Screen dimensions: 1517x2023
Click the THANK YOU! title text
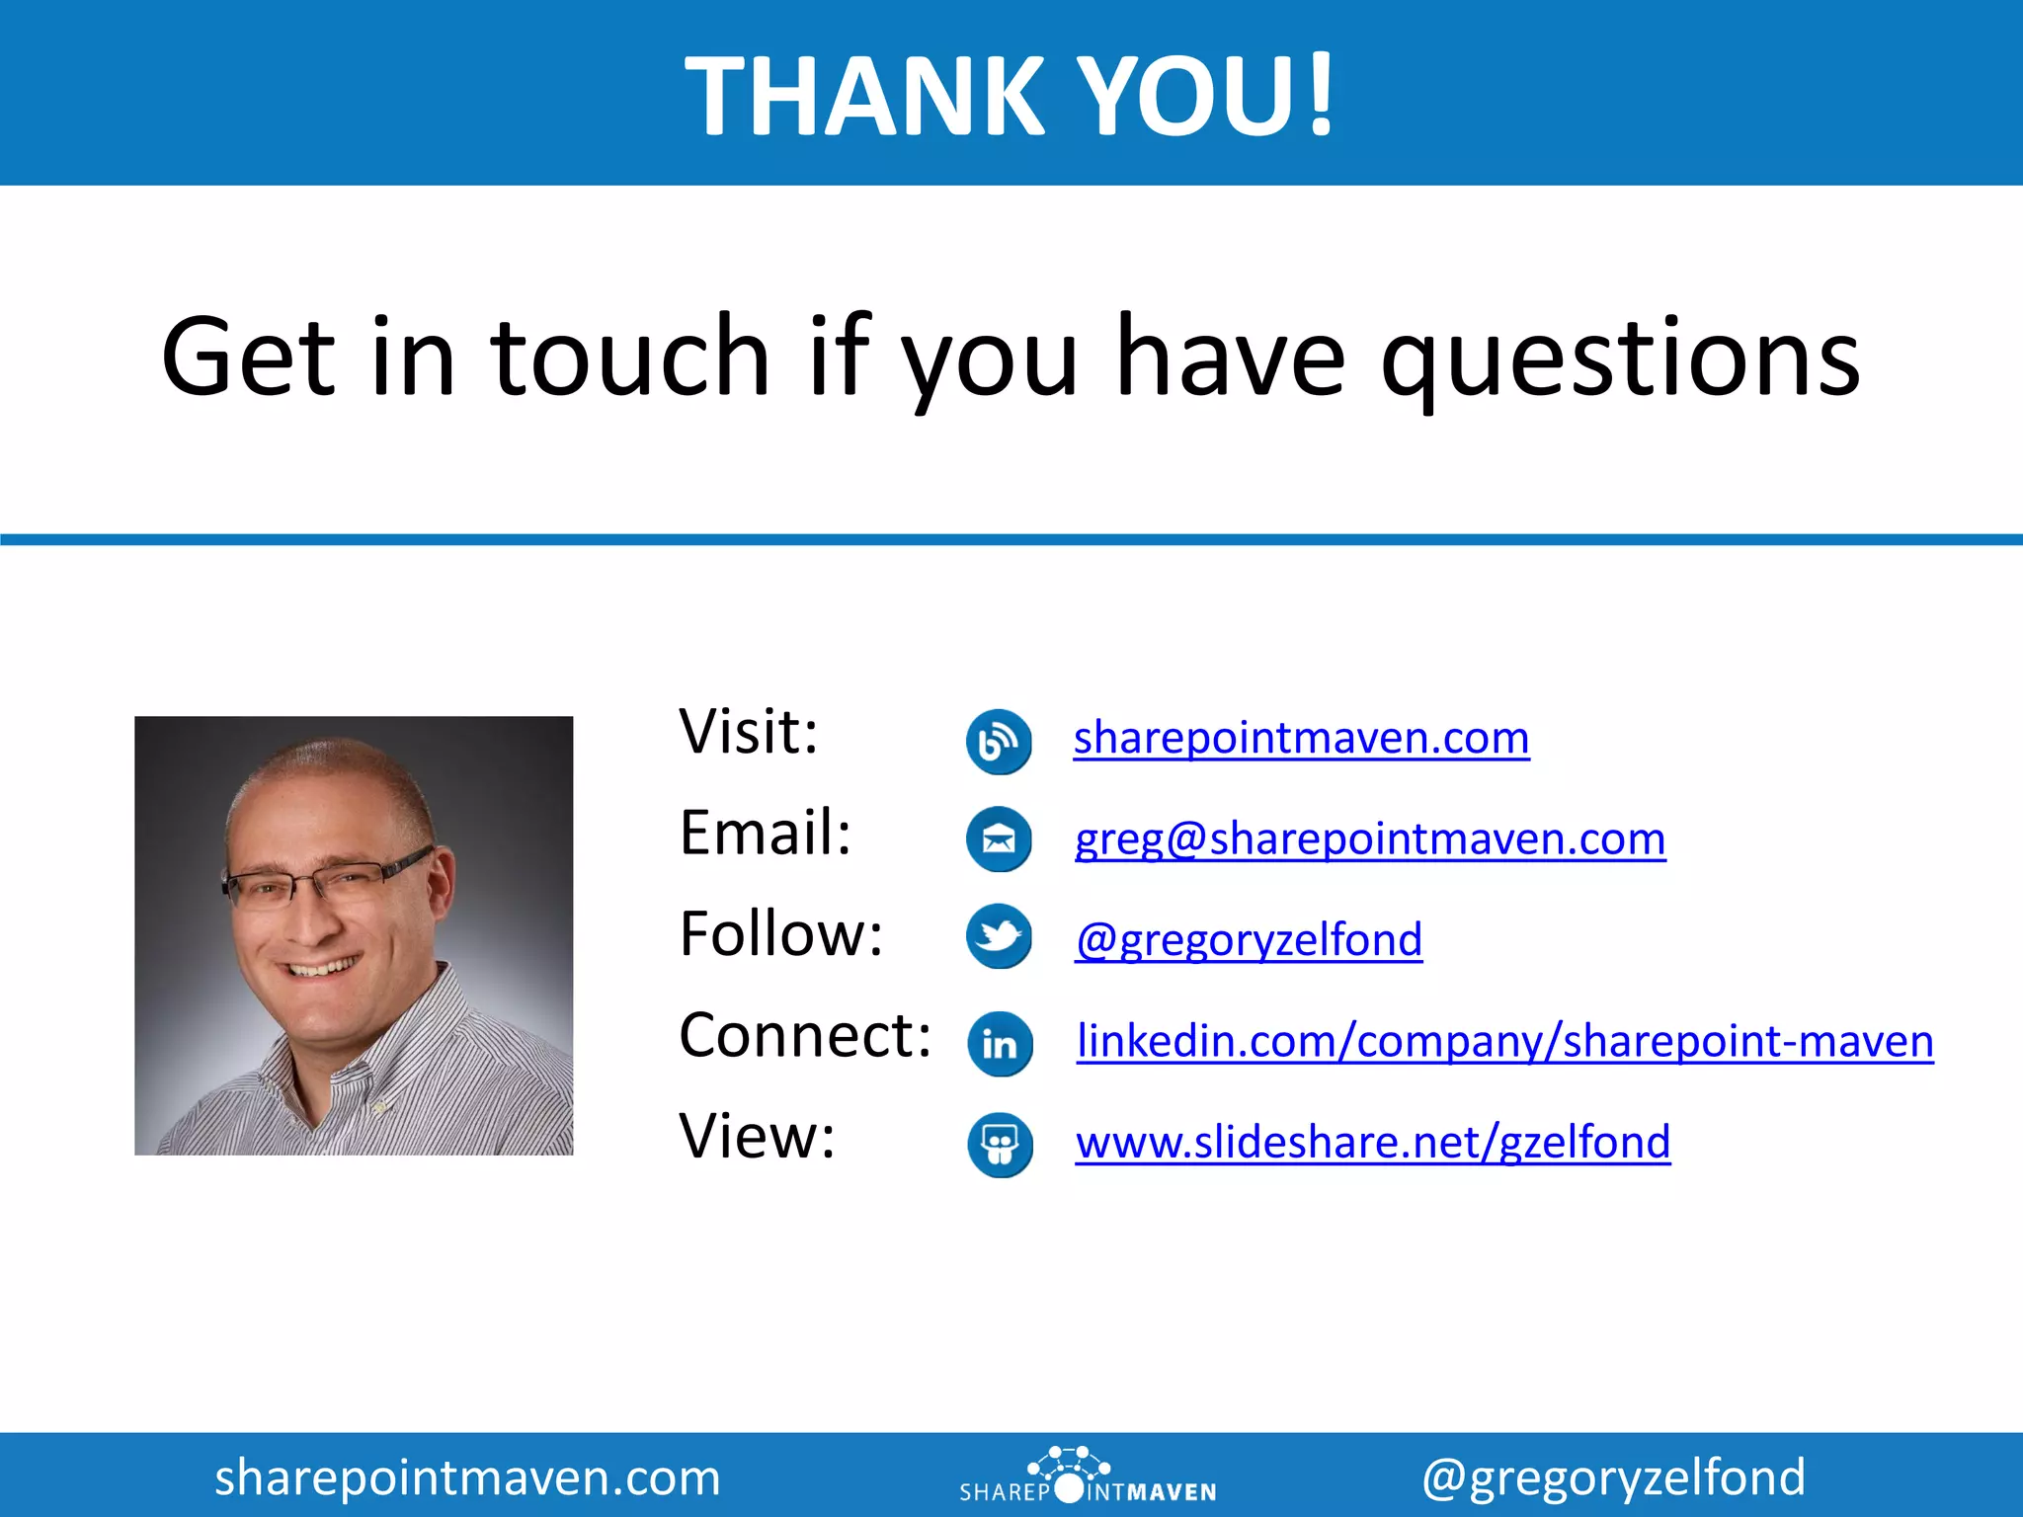[x=1010, y=96]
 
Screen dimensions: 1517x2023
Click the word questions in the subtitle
[x=1620, y=358]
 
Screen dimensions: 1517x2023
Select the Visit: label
[x=749, y=733]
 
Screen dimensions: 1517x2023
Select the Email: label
[x=766, y=834]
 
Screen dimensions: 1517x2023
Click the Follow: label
[x=780, y=934]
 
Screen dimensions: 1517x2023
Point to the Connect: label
[x=805, y=1036]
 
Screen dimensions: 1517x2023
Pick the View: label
[x=757, y=1137]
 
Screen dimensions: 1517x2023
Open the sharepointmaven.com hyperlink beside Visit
[x=1301, y=739]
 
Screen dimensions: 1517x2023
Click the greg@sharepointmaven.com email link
[x=1370, y=839]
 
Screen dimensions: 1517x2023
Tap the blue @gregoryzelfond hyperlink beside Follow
[x=1249, y=940]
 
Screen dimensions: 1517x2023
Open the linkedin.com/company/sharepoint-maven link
[x=1504, y=1042]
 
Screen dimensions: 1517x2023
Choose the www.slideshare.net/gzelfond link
[x=1373, y=1143]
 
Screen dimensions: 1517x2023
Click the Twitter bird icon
[x=999, y=935]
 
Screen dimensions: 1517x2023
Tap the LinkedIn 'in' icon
[x=1000, y=1044]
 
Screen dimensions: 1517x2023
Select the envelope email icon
[x=999, y=839]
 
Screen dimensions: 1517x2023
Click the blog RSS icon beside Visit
[x=999, y=741]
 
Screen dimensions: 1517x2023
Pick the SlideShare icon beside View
[x=1000, y=1145]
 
